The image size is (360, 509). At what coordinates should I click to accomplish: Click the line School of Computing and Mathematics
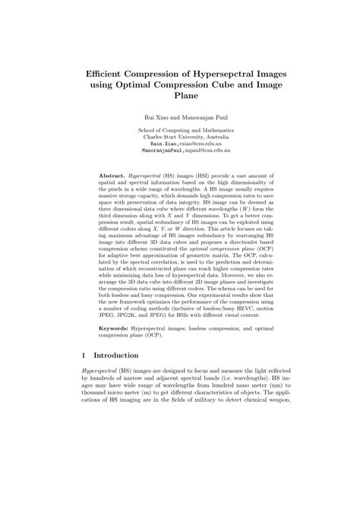pos(179,130)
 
